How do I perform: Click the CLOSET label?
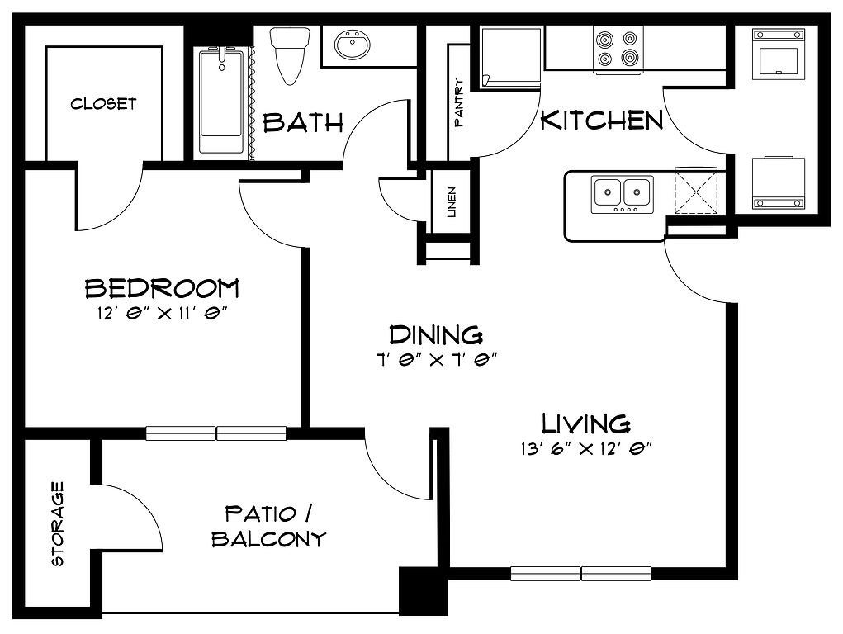[x=103, y=103]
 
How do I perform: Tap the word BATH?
[x=303, y=123]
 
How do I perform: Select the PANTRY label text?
[x=458, y=102]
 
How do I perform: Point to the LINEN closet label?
[x=452, y=201]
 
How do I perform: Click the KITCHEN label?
[x=602, y=120]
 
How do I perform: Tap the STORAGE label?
[x=57, y=523]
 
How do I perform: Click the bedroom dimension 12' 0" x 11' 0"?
[x=163, y=314]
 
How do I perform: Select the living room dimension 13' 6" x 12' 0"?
[x=586, y=448]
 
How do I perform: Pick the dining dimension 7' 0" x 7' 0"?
[x=435, y=359]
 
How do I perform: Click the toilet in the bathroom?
[x=291, y=55]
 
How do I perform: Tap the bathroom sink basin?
[x=353, y=45]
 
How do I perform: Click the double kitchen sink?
[x=622, y=194]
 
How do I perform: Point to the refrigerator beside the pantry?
[x=510, y=58]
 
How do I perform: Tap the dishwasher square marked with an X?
[x=696, y=191]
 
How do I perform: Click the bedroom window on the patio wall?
[x=216, y=433]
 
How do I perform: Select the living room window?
[x=580, y=573]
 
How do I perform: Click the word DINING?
[x=435, y=335]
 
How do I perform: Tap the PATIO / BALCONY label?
[x=269, y=526]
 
